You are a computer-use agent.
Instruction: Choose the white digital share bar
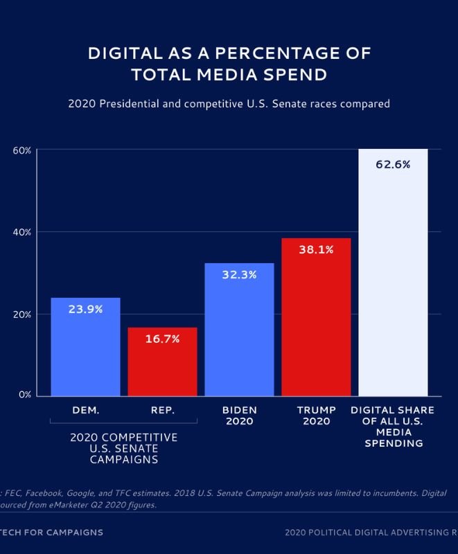[x=393, y=277]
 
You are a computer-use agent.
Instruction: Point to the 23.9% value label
[x=86, y=310]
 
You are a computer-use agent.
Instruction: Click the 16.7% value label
[x=163, y=339]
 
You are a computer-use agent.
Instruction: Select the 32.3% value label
[x=239, y=275]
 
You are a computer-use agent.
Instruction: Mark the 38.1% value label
[x=316, y=249]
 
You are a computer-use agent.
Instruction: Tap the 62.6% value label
[x=393, y=165]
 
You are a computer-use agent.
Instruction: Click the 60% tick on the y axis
[x=22, y=150]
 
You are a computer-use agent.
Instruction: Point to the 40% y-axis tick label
[x=22, y=232]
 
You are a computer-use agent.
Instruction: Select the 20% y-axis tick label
[x=22, y=314]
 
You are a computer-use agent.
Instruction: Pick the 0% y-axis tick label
[x=25, y=395]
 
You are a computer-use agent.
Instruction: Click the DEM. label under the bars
[x=86, y=410]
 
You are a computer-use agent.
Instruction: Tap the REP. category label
[x=163, y=410]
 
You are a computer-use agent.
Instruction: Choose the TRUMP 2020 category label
[x=316, y=415]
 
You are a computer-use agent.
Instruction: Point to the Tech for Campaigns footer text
[x=52, y=533]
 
